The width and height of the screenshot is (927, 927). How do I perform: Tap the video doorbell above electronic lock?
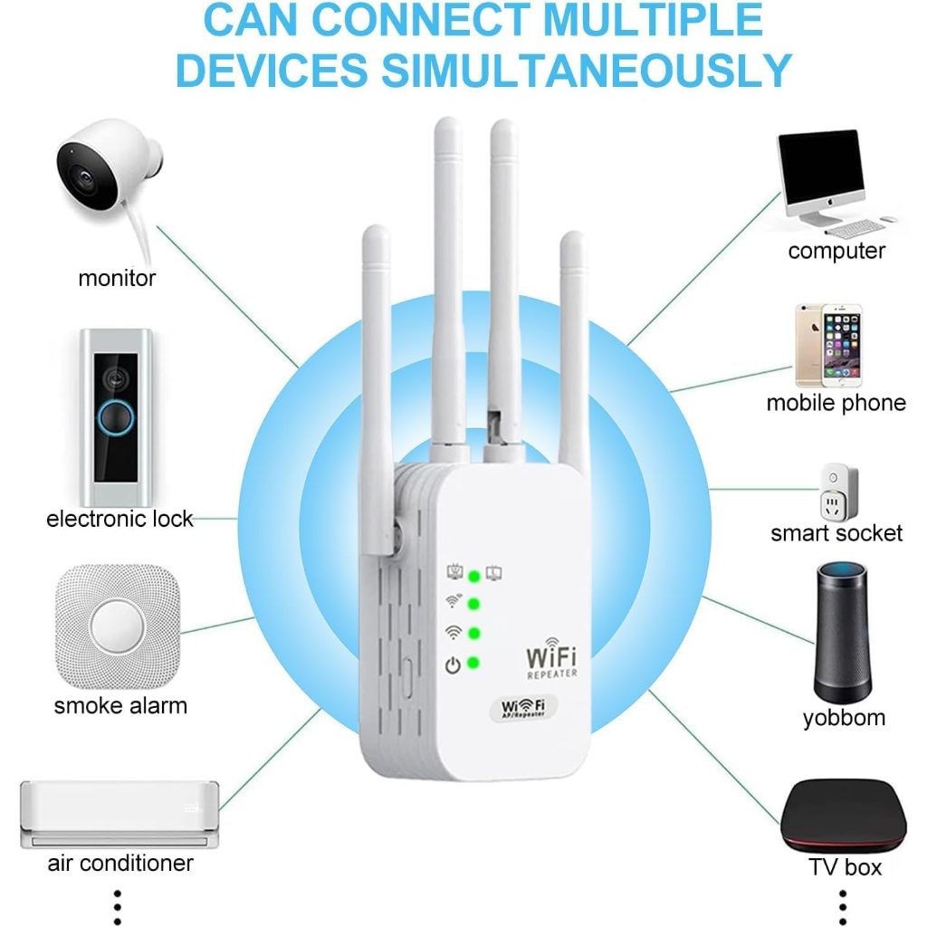[114, 416]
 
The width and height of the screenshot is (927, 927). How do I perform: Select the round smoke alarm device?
[118, 625]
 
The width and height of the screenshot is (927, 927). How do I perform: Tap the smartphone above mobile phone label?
[828, 345]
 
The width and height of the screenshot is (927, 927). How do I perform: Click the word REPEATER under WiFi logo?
[551, 674]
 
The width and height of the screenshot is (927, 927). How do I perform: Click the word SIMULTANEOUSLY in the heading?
[484, 69]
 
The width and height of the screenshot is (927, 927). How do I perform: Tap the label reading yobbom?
[844, 719]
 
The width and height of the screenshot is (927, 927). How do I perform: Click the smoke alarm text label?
[120, 706]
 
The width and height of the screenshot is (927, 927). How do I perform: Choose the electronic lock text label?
[119, 519]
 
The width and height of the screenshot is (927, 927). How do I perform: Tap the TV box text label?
[845, 867]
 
